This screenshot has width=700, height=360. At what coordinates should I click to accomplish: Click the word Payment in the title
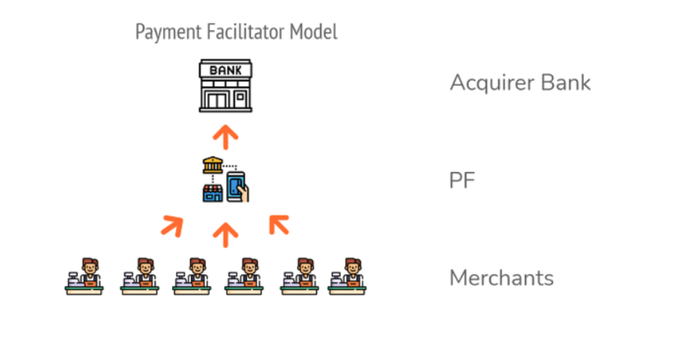pos(160,32)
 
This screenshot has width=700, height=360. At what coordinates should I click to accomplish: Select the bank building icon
pos(226,86)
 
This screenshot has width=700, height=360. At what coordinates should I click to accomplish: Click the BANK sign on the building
pos(226,70)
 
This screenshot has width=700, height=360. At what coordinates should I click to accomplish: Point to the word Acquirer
pos(490,83)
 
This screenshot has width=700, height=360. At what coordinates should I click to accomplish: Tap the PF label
pos(462,181)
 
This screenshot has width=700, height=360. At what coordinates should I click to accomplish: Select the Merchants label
pos(502,278)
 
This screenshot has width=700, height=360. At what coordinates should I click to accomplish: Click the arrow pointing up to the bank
pos(226,136)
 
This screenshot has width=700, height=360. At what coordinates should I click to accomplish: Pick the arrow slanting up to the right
pos(171,225)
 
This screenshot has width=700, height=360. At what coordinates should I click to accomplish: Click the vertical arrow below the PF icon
pos(226,234)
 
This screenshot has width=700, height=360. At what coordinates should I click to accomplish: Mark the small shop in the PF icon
pos(212,192)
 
